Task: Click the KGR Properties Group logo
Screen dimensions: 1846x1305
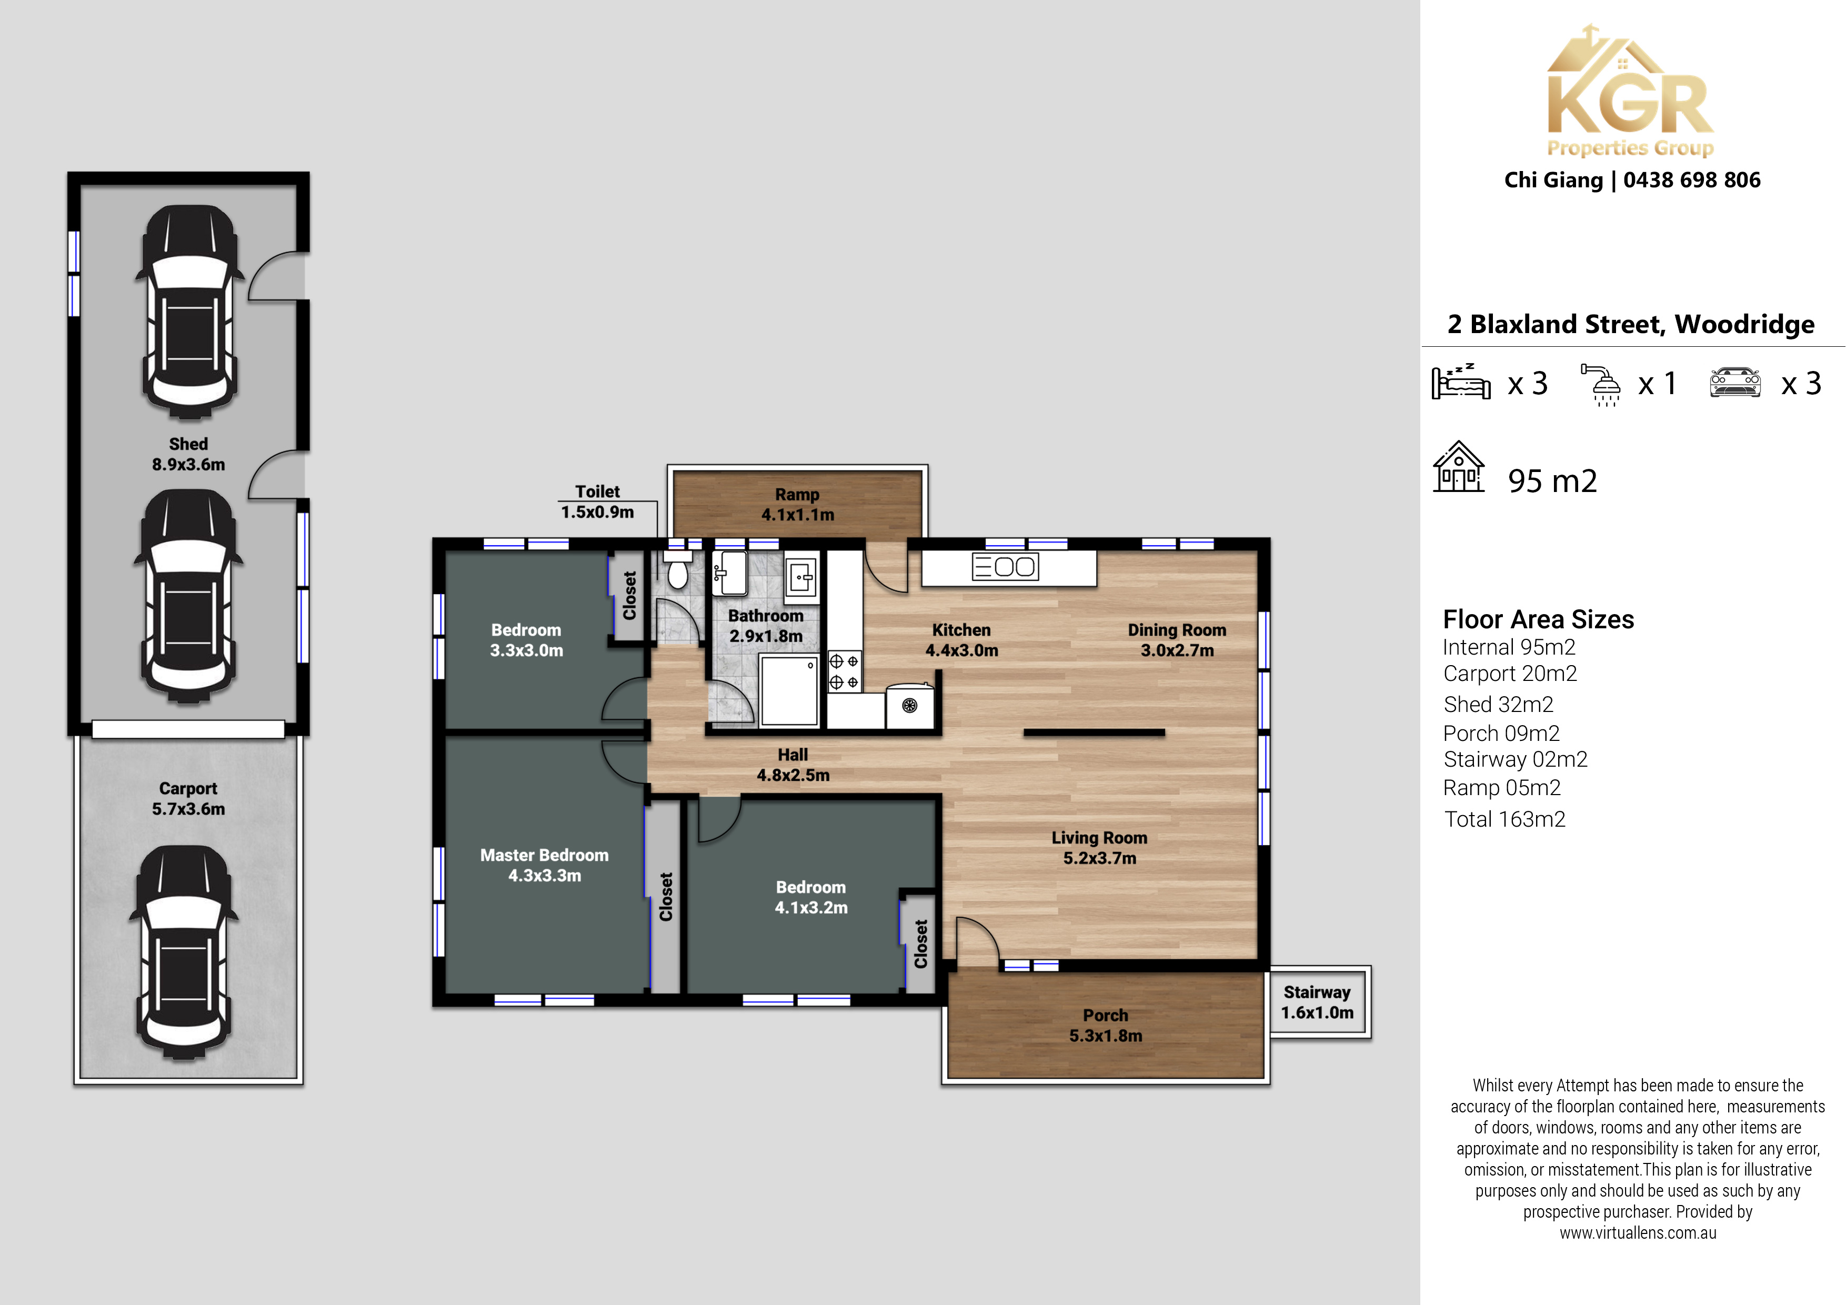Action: (1631, 91)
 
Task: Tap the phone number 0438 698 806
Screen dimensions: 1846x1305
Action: (1692, 180)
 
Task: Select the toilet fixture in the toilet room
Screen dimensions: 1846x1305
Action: (678, 568)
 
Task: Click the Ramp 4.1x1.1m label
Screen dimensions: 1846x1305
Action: (798, 504)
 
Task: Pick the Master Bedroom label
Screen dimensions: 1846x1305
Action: (544, 865)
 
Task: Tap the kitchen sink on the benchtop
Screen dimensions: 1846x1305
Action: (1005, 567)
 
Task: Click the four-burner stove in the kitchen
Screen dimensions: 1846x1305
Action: (844, 671)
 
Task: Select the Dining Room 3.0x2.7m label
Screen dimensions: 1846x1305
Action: (1177, 640)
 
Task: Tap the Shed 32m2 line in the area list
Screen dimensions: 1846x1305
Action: (1498, 705)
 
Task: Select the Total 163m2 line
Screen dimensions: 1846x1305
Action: (1504, 819)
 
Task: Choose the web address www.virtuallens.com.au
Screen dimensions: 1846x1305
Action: (1638, 1232)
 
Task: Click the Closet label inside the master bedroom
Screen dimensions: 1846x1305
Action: (666, 897)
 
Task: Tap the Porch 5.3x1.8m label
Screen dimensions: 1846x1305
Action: (1106, 1025)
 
